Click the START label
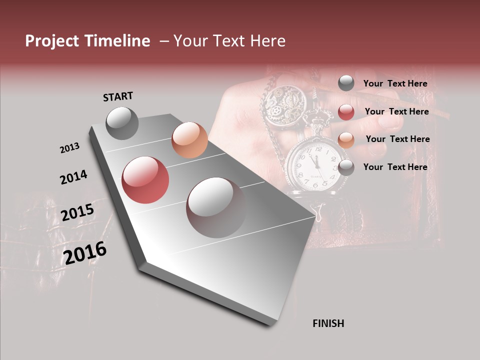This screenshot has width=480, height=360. (x=118, y=96)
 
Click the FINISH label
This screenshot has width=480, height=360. (x=328, y=323)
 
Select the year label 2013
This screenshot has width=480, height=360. (x=69, y=148)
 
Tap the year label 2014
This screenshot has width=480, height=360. (x=73, y=177)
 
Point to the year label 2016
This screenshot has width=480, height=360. (x=85, y=253)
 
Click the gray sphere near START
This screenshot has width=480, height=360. (x=122, y=123)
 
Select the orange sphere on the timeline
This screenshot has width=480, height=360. (x=189, y=140)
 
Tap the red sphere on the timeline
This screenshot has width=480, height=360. (x=145, y=180)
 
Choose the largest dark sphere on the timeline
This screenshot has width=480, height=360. (x=216, y=207)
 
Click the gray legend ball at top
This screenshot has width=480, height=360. (x=346, y=83)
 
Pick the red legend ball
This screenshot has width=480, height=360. (x=346, y=112)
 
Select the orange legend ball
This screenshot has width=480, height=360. (x=346, y=139)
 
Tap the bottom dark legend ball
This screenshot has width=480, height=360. (x=346, y=167)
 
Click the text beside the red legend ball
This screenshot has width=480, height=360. (x=396, y=111)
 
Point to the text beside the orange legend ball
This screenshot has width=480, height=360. (x=397, y=139)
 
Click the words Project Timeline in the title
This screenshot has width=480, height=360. (x=87, y=41)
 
